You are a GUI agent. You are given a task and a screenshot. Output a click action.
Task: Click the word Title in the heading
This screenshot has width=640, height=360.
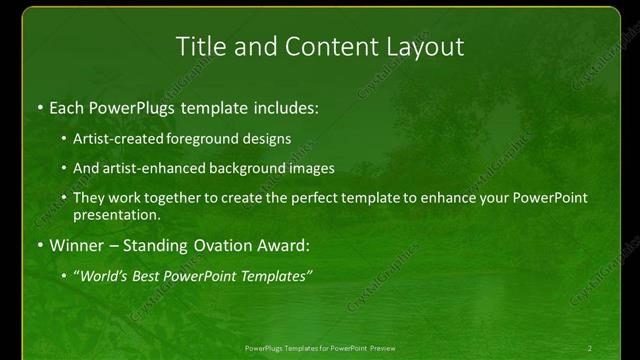[199, 46]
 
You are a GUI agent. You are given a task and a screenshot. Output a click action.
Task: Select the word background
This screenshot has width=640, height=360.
[240, 168]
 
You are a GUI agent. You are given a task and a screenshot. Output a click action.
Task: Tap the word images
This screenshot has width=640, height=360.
[308, 168]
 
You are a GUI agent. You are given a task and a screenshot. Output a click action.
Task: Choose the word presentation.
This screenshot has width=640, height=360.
[116, 214]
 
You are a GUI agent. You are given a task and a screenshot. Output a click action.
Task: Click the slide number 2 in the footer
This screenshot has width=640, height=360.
[590, 348]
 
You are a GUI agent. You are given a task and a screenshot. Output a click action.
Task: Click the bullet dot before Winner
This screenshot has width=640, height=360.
[38, 245]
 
